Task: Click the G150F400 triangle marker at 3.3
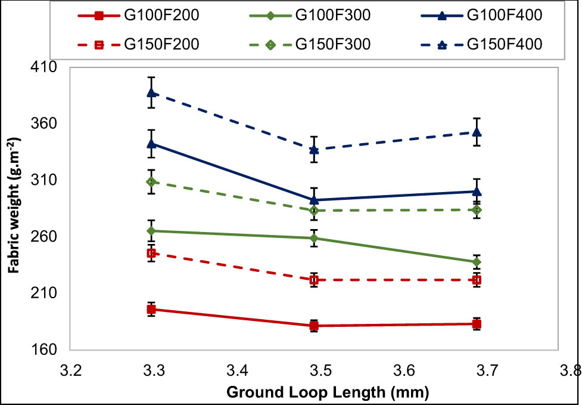(x=152, y=92)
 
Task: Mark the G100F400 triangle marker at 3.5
(x=314, y=200)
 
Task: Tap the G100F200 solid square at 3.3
(x=152, y=309)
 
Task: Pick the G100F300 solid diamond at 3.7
(x=477, y=262)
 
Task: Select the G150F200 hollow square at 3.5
(x=314, y=280)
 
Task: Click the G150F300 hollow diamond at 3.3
(x=152, y=181)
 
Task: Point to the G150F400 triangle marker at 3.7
(x=477, y=132)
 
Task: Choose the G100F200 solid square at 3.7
(x=477, y=324)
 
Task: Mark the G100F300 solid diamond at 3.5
(x=314, y=238)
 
